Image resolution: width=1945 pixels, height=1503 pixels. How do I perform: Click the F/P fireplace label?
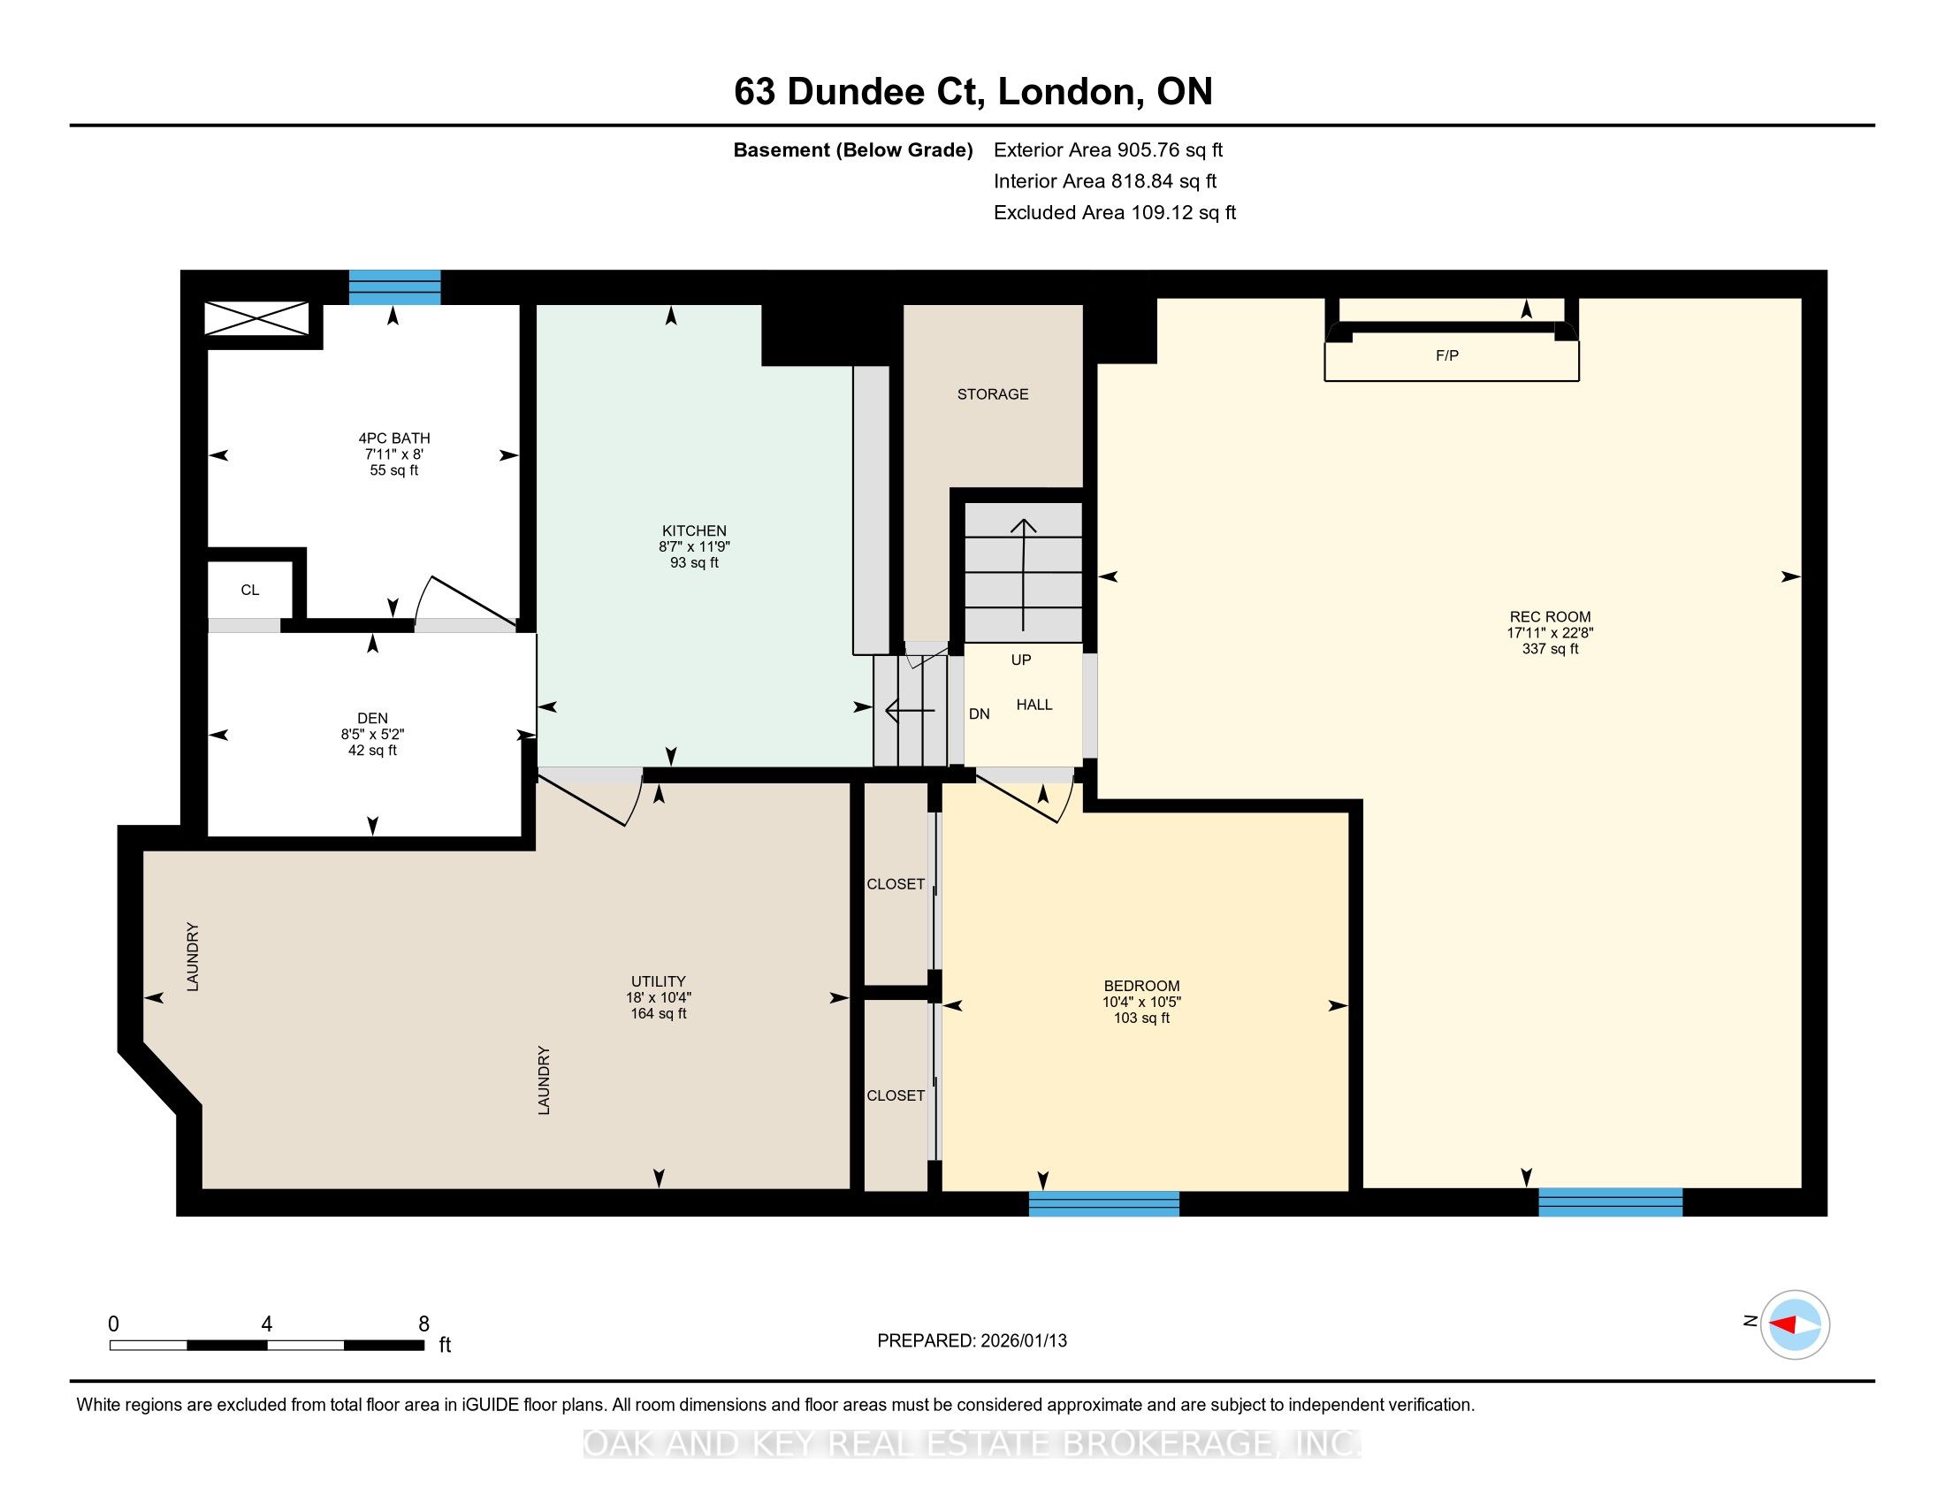click(x=1447, y=355)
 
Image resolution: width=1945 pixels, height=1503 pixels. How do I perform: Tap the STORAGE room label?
click(x=993, y=393)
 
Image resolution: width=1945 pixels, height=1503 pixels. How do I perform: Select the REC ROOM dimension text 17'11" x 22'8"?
click(x=1550, y=633)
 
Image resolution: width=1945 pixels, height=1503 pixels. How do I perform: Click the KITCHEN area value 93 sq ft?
click(x=695, y=562)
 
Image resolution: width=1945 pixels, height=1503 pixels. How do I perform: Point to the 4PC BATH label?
click(x=394, y=438)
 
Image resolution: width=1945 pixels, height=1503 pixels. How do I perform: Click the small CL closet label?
click(x=250, y=590)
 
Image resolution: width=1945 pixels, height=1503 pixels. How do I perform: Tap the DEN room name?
click(x=372, y=719)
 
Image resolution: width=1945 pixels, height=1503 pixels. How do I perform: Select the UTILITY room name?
click(x=659, y=981)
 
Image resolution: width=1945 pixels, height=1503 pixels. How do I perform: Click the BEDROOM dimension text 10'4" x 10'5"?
click(x=1141, y=1002)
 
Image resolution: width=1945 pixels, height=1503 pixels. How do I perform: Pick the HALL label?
click(x=1035, y=705)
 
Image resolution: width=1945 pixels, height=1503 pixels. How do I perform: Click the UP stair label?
click(x=1021, y=660)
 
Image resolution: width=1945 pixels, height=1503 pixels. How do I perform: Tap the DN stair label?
click(x=980, y=714)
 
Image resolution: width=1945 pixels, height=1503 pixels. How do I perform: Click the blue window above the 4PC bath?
click(x=394, y=286)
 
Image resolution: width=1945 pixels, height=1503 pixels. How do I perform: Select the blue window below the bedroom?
click(x=1104, y=1204)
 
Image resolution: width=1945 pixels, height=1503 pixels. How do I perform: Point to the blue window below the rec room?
click(x=1611, y=1202)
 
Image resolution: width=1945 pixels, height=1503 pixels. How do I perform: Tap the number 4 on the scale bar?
click(x=266, y=1324)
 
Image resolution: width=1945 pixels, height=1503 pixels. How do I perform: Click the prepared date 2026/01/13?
click(x=1023, y=1341)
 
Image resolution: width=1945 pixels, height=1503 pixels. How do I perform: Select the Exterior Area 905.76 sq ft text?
click(x=1109, y=149)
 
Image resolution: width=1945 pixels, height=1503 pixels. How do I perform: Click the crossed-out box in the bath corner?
click(x=256, y=319)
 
